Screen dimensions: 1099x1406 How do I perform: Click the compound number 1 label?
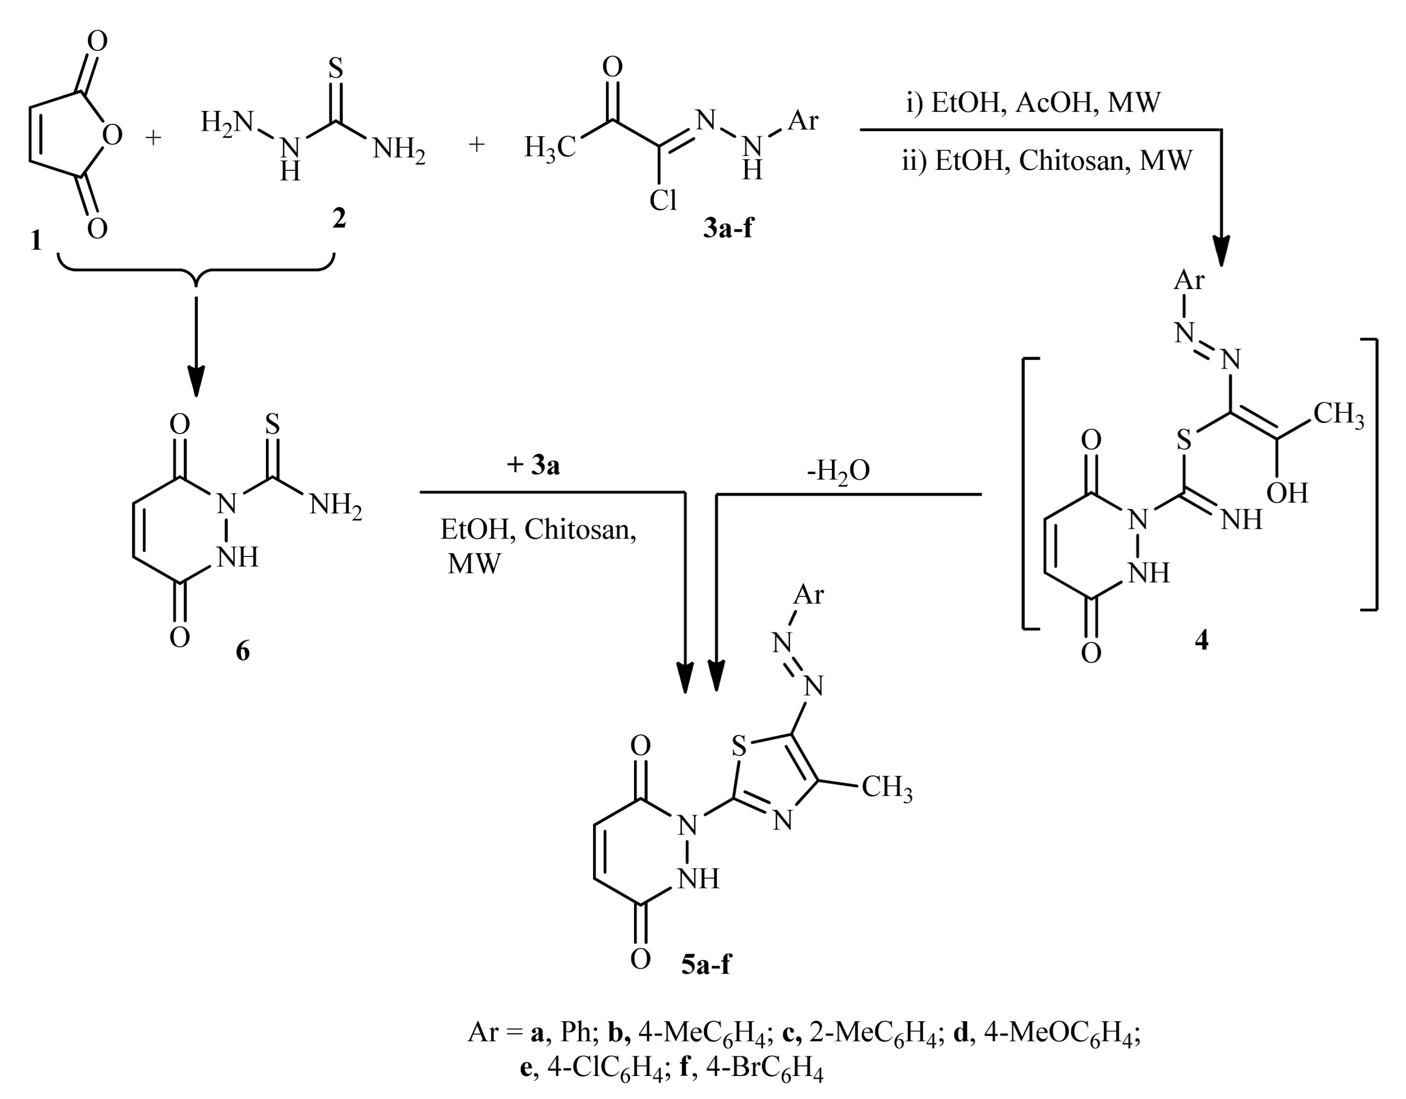tap(37, 240)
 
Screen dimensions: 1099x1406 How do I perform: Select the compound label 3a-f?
tap(728, 228)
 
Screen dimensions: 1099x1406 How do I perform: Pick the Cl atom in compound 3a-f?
tap(663, 201)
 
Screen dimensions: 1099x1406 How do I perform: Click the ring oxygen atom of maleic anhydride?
tap(112, 135)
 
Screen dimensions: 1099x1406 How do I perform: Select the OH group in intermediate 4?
tap(1287, 493)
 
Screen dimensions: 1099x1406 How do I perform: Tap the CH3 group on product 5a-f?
tap(887, 787)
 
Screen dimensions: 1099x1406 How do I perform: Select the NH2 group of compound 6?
tap(335, 505)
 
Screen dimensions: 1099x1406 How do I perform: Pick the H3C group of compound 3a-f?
tap(549, 147)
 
